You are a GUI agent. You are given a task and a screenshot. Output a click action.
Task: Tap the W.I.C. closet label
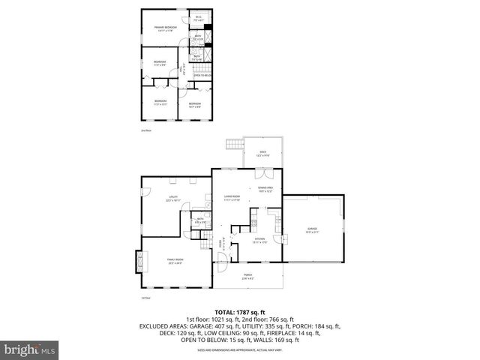click(x=199, y=19)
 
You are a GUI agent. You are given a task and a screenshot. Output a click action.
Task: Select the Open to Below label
click(x=202, y=76)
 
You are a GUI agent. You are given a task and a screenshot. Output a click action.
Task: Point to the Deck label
click(x=262, y=154)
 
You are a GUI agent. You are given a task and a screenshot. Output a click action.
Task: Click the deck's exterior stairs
click(x=233, y=144)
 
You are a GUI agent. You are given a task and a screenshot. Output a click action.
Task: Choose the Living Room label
click(x=231, y=199)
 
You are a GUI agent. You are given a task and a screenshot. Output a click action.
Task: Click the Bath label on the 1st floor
click(x=199, y=221)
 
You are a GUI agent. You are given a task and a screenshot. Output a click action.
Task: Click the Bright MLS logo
click(x=31, y=349)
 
